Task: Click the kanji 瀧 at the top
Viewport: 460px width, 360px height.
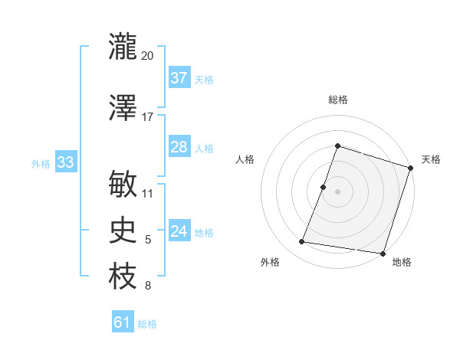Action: [x=123, y=46]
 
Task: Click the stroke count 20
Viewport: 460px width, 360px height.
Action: [x=148, y=56]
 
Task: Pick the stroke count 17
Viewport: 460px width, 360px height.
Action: [x=147, y=117]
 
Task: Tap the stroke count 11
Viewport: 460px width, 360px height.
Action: [x=148, y=193]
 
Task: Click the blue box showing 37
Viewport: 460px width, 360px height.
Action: [x=179, y=78]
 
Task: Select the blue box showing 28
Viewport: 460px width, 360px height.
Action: [x=179, y=147]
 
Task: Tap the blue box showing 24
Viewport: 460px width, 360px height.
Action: [x=179, y=231]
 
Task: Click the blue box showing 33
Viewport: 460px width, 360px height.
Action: [x=65, y=162]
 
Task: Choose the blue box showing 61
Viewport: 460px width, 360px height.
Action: [x=123, y=322]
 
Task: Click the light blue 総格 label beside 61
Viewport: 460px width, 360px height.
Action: [x=147, y=324]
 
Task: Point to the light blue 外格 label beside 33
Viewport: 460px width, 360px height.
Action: [x=41, y=163]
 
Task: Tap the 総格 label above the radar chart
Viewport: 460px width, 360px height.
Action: [x=337, y=100]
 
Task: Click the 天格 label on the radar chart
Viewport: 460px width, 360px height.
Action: [x=431, y=159]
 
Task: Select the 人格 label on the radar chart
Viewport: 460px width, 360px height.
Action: [x=245, y=159]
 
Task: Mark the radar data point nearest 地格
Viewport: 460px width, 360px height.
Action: [x=382, y=253]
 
